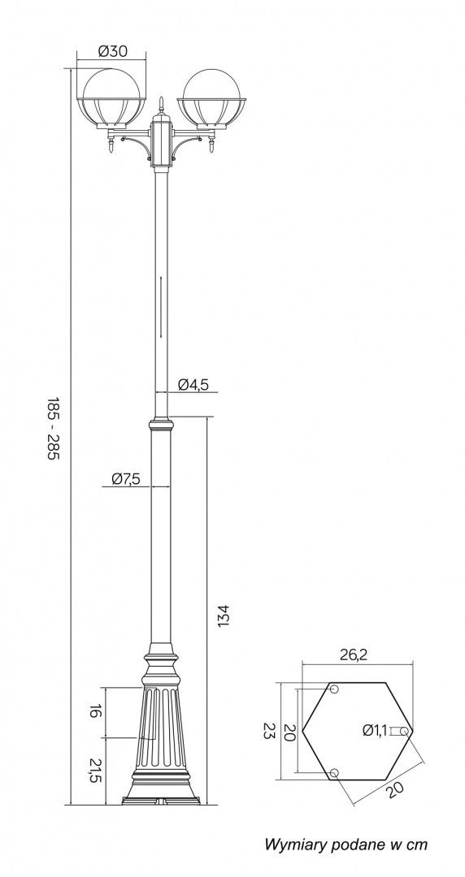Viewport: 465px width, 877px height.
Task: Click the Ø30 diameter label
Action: tap(113, 51)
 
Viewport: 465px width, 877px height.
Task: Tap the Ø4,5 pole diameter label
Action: tap(193, 384)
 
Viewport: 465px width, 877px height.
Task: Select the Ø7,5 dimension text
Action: tap(126, 479)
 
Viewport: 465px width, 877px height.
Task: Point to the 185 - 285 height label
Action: tap(52, 429)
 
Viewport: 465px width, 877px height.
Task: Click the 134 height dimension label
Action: tap(224, 616)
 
